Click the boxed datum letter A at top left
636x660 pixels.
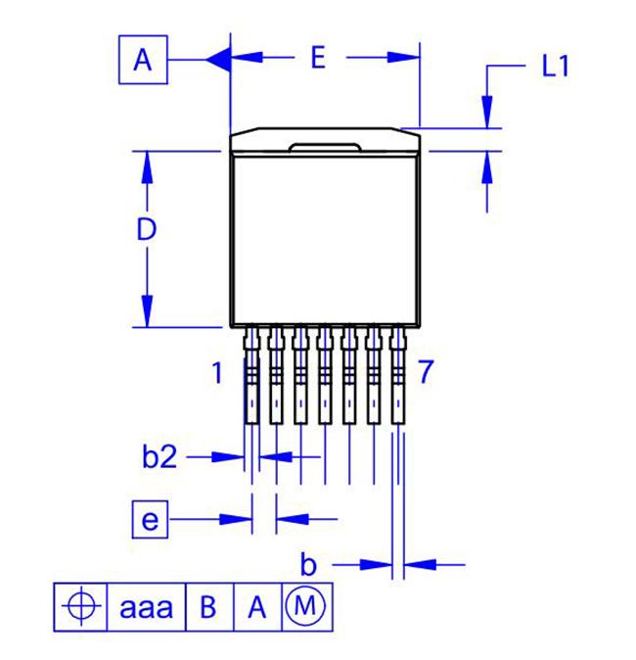pyautogui.click(x=143, y=60)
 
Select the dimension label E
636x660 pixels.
pyautogui.click(x=318, y=58)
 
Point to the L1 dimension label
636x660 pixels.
pyautogui.click(x=555, y=66)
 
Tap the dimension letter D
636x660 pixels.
pyautogui.click(x=147, y=229)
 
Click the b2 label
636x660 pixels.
pyautogui.click(x=159, y=456)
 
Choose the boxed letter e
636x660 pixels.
pyautogui.click(x=150, y=520)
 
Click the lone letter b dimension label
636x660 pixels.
pyautogui.click(x=308, y=564)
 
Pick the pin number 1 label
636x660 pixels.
pyautogui.click(x=217, y=372)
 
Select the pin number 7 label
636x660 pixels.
pyautogui.click(x=426, y=372)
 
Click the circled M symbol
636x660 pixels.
pyautogui.click(x=305, y=606)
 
